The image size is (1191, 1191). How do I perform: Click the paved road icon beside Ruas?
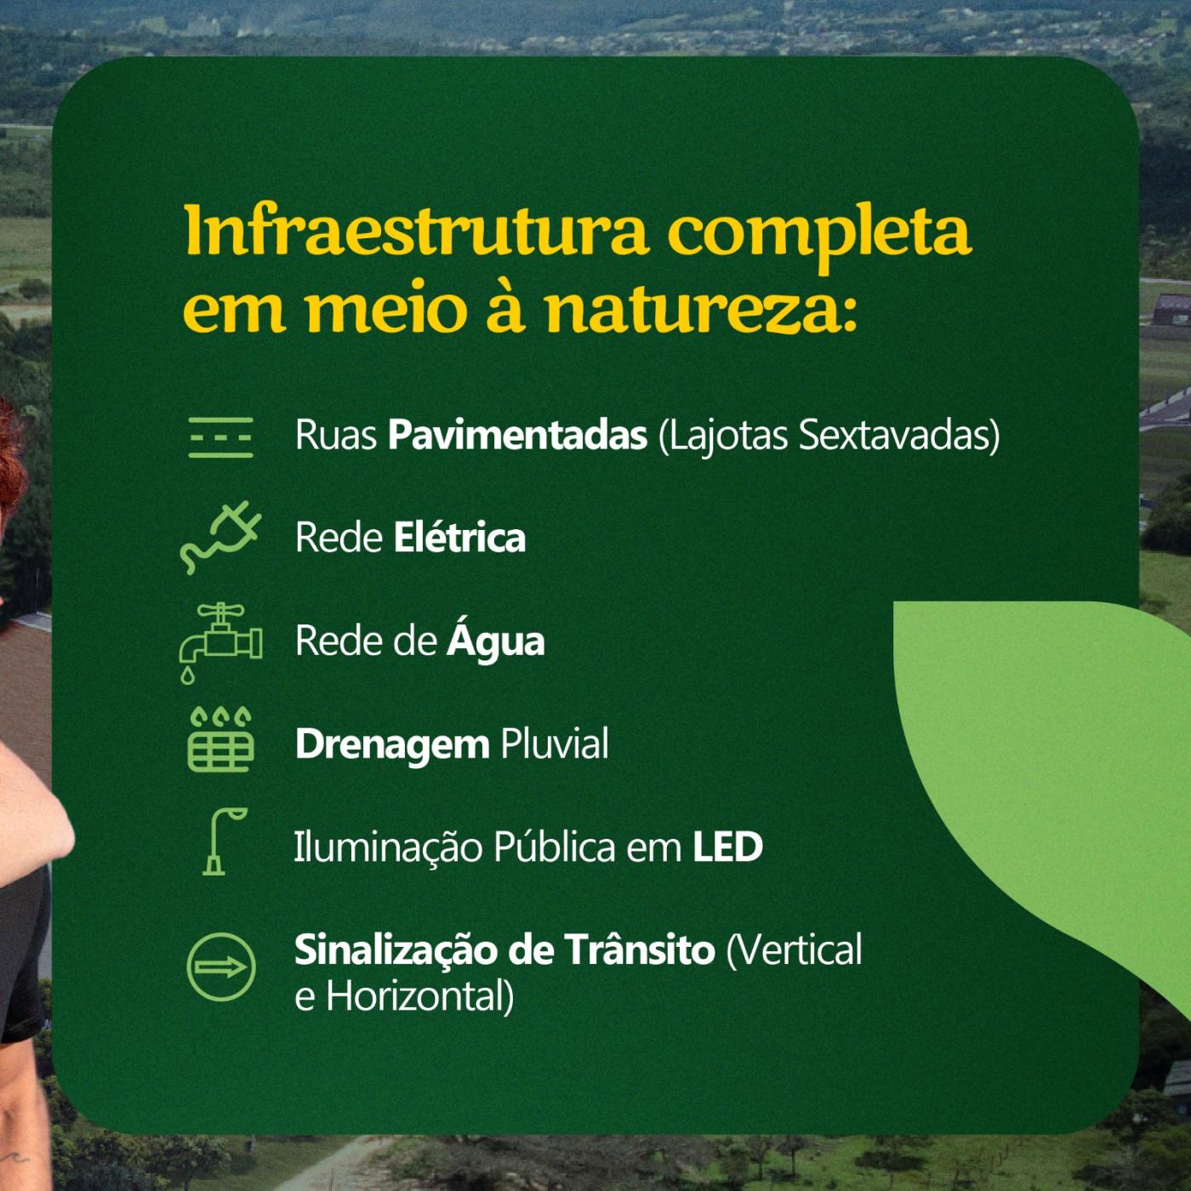tap(220, 437)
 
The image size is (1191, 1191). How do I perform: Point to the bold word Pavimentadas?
tap(518, 435)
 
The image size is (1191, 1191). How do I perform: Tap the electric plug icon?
tap(220, 537)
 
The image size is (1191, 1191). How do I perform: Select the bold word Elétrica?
tap(460, 537)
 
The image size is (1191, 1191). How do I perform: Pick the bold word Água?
tap(496, 641)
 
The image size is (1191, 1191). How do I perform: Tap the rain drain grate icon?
tap(220, 739)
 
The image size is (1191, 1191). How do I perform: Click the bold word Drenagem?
tap(392, 744)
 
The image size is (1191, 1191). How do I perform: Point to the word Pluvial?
tap(555, 743)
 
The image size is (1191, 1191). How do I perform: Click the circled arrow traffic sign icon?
tap(220, 967)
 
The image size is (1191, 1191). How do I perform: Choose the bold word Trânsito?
tap(641, 949)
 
